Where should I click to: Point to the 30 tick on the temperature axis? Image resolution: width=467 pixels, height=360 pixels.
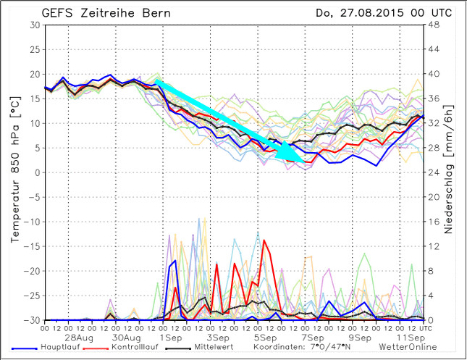pos(35,25)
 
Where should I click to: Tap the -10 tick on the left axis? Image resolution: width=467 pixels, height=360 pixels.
pos(32,222)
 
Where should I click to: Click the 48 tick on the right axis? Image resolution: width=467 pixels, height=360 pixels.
pos(432,25)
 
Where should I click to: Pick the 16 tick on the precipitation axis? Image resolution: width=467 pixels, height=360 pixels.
pos(432,222)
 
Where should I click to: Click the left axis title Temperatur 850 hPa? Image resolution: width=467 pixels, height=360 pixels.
pos(15,172)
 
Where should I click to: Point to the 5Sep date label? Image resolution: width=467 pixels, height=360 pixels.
pos(265,338)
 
